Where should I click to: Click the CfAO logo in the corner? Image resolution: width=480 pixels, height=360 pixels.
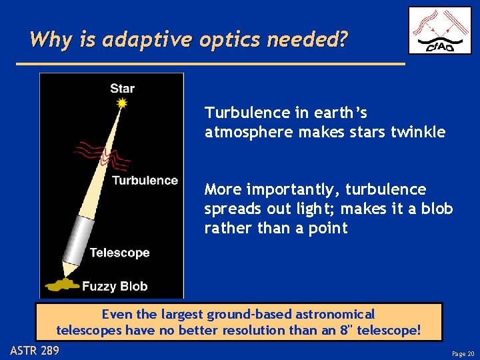439,30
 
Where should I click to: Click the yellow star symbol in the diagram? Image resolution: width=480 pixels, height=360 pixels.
121,103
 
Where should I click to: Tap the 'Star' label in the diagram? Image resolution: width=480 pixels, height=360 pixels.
123,88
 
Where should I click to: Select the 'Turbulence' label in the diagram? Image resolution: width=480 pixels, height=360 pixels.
145,180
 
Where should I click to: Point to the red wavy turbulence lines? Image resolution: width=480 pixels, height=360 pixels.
97,153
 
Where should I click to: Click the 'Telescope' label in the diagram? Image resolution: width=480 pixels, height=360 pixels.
119,253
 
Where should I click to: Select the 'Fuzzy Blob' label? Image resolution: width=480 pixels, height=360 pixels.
115,287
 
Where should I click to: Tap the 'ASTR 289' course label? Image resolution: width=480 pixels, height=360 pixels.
35,350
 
